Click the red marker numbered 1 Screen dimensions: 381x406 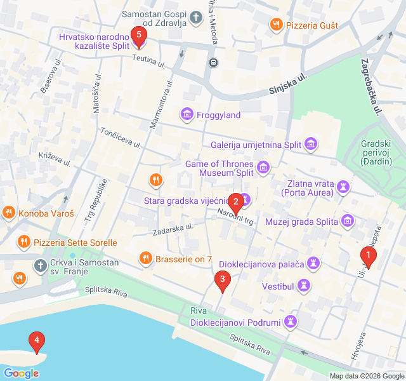coord(368,256)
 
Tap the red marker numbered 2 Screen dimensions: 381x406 coord(236,203)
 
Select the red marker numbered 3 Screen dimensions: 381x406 coord(221,279)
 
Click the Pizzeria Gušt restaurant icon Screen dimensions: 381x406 coord(275,25)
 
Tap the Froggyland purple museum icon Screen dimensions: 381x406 coord(187,115)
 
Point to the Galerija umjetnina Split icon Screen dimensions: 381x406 coord(311,145)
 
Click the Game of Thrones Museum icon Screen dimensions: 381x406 coord(263,168)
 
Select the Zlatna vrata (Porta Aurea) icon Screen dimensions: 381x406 coord(344,186)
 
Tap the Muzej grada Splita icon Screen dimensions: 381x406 coord(347,221)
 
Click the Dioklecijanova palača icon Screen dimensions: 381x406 coord(313,263)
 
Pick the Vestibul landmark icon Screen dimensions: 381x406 coord(304,286)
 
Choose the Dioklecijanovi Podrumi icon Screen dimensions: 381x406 coord(291,322)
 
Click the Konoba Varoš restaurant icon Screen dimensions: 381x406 coord(8,213)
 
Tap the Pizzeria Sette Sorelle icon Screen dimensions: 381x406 coord(23,242)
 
